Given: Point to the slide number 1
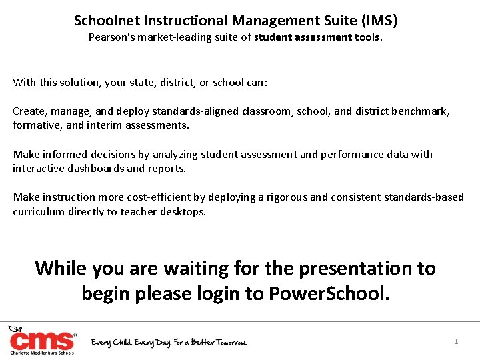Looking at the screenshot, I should click(x=456, y=341).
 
